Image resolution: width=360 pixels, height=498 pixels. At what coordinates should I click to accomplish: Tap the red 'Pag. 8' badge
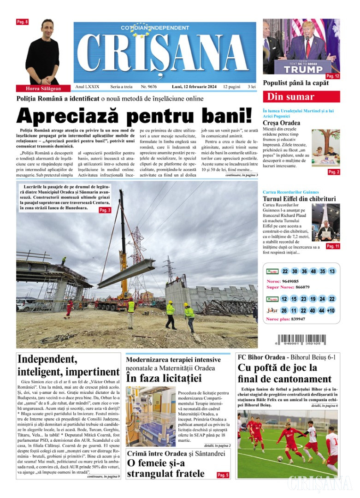coord(23,22)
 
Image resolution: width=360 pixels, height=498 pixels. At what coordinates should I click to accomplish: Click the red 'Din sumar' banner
coord(301,97)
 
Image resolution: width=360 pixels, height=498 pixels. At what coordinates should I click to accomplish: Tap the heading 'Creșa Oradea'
coord(281,123)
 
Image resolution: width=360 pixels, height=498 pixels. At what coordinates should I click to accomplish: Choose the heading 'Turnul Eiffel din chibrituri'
coord(299,199)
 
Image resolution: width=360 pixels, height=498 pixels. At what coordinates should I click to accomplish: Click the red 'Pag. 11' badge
coord(333,246)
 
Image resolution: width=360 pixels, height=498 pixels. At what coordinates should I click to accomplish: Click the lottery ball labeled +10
coord(330,310)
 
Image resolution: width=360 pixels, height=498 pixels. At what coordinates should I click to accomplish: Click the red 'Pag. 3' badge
coord(105,210)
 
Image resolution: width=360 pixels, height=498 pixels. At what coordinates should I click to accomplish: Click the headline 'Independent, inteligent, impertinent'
coord(68,365)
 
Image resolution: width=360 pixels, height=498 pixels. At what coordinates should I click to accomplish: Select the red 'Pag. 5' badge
coord(222,474)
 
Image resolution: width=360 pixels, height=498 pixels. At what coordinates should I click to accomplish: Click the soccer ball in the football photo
coord(280,458)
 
